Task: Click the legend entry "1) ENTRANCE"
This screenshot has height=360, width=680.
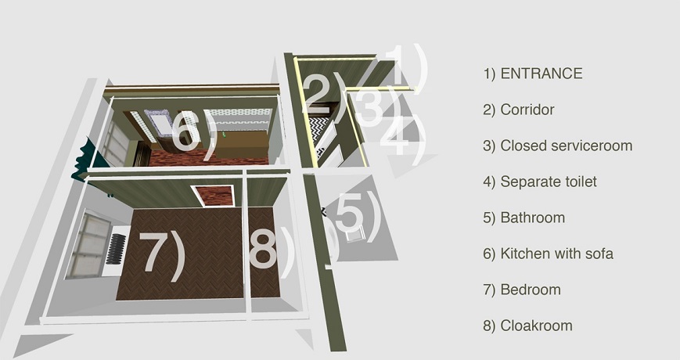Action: click(533, 74)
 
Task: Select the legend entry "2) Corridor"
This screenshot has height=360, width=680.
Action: click(519, 110)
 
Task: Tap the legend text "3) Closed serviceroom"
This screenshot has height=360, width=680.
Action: click(558, 146)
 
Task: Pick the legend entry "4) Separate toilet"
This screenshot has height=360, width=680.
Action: click(540, 182)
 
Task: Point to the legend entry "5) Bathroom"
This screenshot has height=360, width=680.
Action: click(523, 218)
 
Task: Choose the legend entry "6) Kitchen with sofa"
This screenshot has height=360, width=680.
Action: click(549, 254)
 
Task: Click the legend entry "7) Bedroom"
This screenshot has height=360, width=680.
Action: click(522, 290)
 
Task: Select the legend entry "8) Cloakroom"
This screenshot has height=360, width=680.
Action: click(527, 326)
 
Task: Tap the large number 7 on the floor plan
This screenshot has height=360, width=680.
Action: click(155, 251)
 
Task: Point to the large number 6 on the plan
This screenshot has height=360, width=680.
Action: click(185, 131)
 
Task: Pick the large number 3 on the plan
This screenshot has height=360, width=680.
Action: click(369, 106)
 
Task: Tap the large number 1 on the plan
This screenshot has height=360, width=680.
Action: click(399, 64)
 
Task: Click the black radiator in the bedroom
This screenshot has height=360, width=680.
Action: click(116, 249)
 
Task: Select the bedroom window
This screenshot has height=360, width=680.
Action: click(89, 245)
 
